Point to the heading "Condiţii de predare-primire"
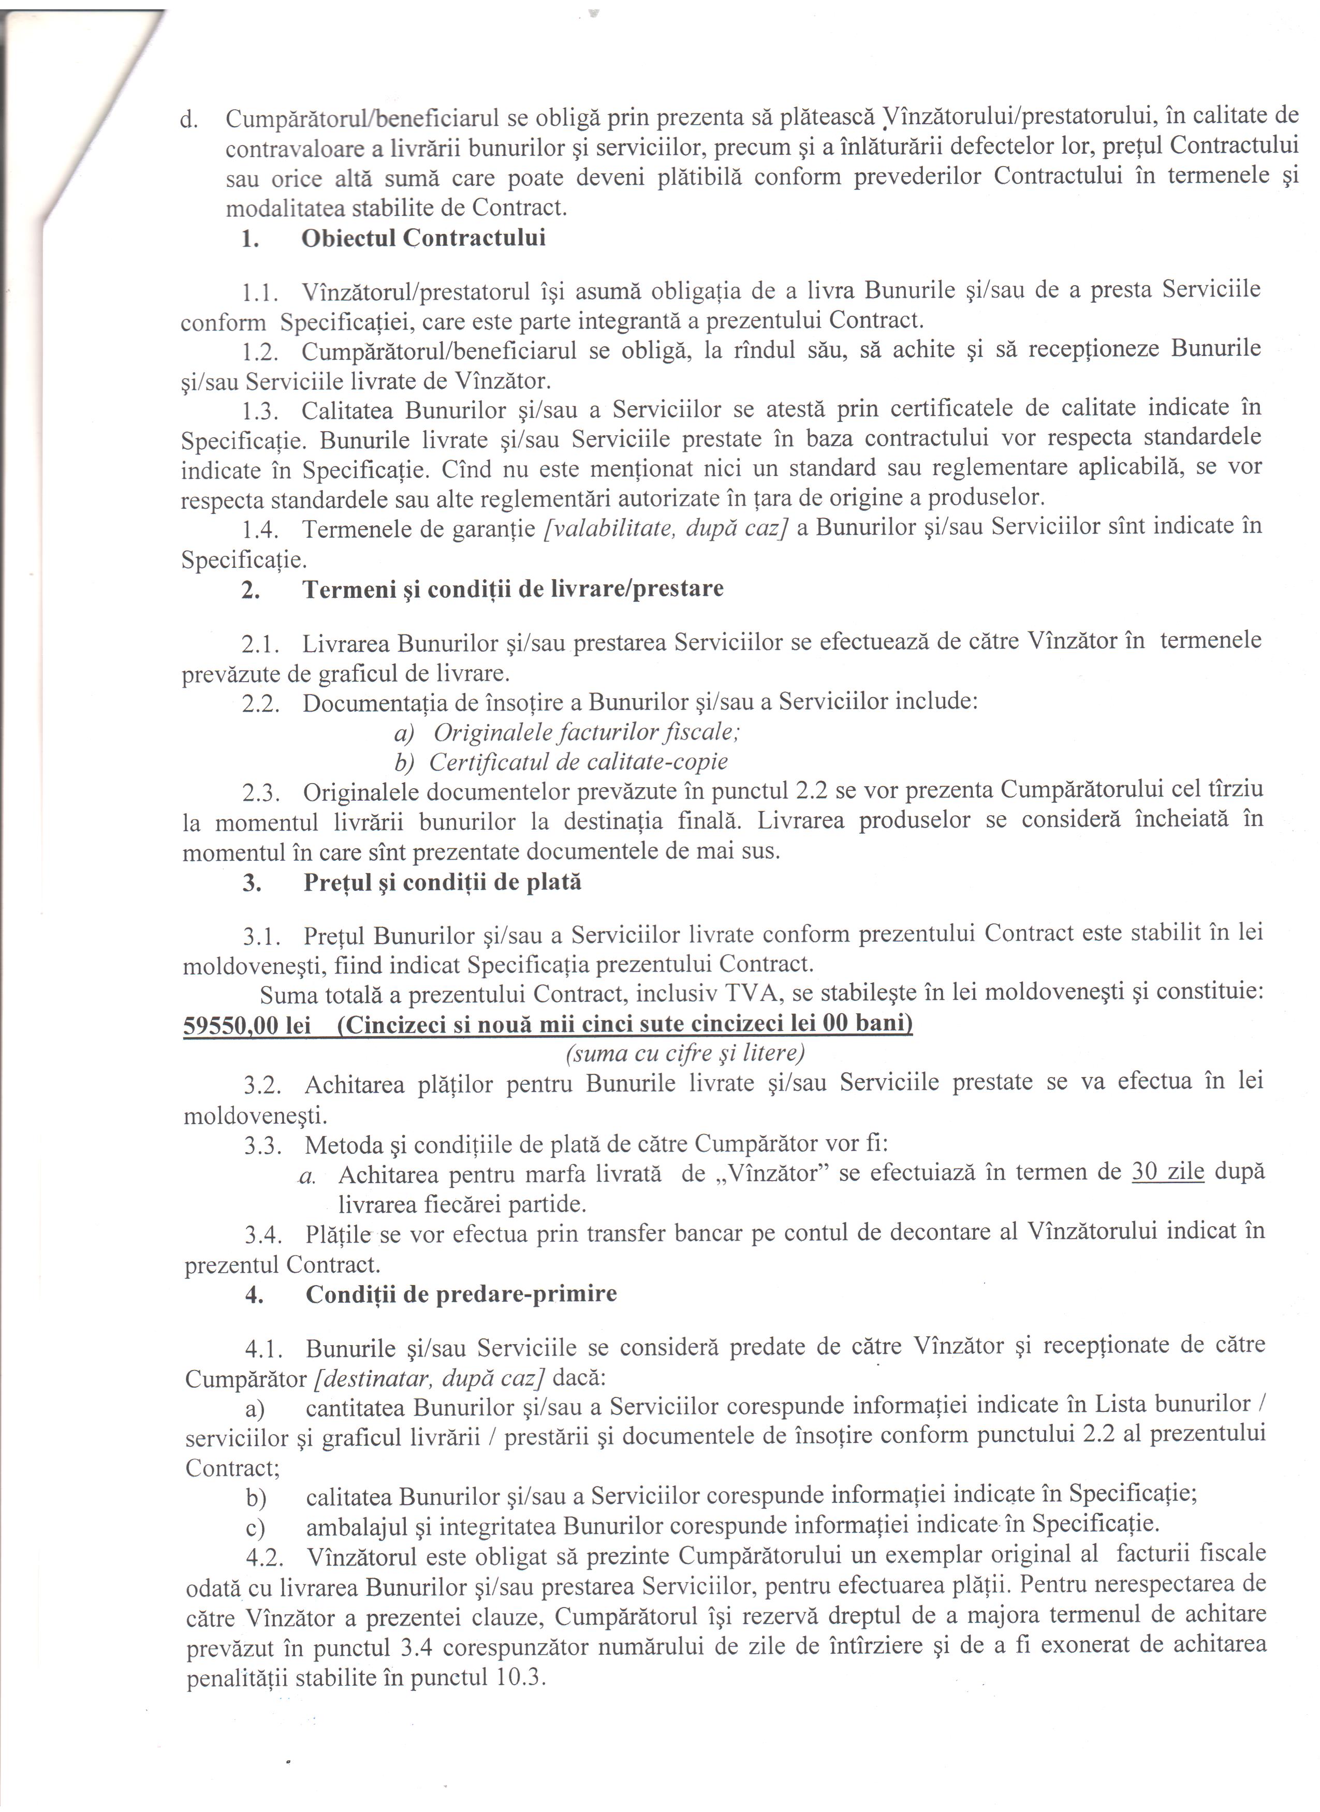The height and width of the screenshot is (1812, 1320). pyautogui.click(x=461, y=1293)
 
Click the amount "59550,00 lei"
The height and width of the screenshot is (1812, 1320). pyautogui.click(x=247, y=1025)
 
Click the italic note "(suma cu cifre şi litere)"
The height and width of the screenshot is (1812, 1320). pyautogui.click(x=685, y=1054)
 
